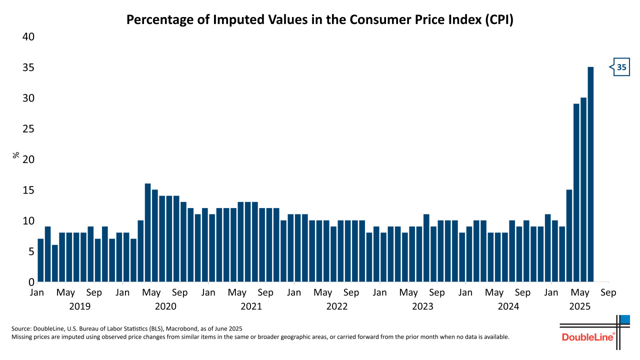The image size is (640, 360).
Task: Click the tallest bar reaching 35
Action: (x=590, y=175)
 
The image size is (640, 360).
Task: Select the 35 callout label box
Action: (x=621, y=67)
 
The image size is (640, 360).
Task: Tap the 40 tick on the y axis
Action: (x=27, y=37)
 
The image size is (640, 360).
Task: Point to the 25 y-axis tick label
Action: (x=27, y=129)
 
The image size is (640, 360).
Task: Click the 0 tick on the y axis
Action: (x=30, y=282)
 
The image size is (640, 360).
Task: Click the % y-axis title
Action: (x=16, y=155)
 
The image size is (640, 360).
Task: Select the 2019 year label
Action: (x=79, y=306)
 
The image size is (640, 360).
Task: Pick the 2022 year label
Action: (x=337, y=306)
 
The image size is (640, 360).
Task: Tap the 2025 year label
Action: (x=579, y=306)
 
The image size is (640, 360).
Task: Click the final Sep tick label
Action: (x=608, y=292)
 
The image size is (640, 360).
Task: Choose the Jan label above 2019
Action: (x=37, y=292)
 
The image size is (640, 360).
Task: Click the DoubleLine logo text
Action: (x=587, y=337)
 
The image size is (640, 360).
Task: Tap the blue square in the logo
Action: (x=625, y=319)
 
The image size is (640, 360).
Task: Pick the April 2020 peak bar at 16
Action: (x=147, y=233)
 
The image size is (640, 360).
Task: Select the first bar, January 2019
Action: (x=40, y=260)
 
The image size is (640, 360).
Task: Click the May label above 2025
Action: (x=579, y=292)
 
